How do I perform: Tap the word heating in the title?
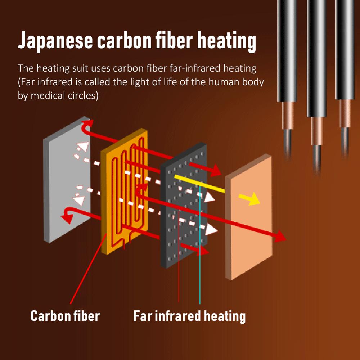[x=226, y=41]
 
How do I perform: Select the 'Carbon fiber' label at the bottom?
[x=65, y=316]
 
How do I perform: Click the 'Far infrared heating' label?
[x=189, y=316]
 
